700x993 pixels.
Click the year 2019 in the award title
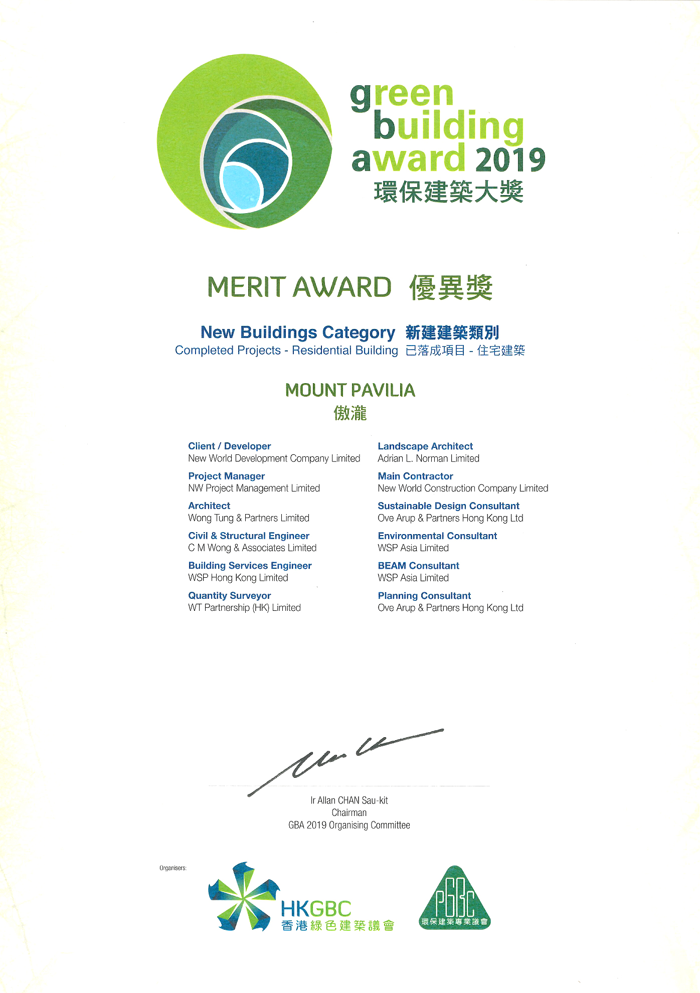tap(509, 159)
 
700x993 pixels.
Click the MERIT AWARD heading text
tap(299, 287)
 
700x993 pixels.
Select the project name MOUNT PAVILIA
tap(350, 390)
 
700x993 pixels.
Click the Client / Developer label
tap(229, 446)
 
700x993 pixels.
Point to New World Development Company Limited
tap(274, 458)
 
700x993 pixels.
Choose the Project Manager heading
tap(226, 476)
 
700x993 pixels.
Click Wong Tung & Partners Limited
tap(249, 518)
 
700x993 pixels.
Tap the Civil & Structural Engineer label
tap(249, 536)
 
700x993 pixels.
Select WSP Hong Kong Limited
tap(238, 578)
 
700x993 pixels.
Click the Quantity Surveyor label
tap(229, 595)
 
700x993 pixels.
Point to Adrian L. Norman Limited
tap(428, 458)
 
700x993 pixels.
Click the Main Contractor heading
tap(415, 476)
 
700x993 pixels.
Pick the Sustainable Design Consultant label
tap(448, 506)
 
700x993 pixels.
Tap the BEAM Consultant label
tap(418, 565)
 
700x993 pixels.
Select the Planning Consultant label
tap(424, 595)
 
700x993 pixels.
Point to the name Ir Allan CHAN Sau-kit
tap(349, 800)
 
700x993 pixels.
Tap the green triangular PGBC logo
tap(455, 899)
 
